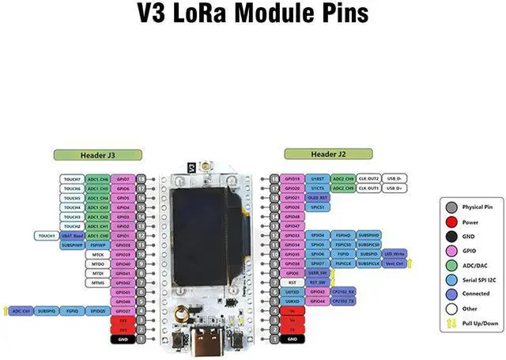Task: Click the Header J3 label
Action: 97,154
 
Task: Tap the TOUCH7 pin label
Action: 73,180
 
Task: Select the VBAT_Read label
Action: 73,236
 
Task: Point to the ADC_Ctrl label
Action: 21,311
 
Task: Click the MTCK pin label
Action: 98,255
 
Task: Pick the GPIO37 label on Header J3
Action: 123,311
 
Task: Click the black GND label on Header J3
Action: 123,339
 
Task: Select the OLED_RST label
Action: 318,198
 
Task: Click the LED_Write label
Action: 395,254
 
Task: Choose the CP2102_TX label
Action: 342,301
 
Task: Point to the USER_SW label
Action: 317,273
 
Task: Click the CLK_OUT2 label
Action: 368,180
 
